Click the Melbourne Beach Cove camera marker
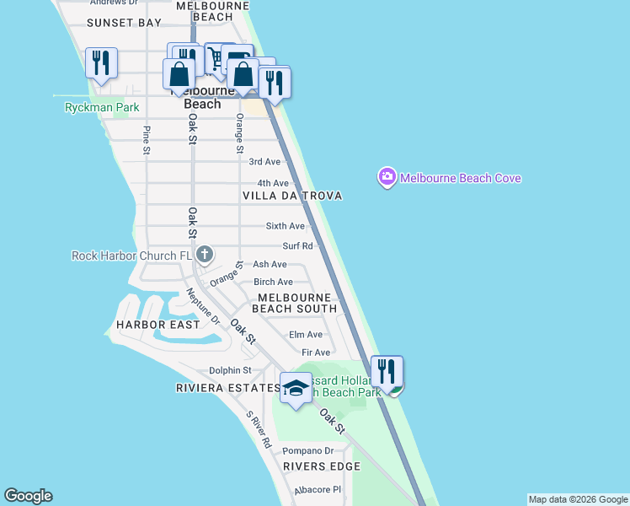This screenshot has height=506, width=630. pyautogui.click(x=387, y=177)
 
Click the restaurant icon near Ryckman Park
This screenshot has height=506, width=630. pyautogui.click(x=100, y=64)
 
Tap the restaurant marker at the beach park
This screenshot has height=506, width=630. pyautogui.click(x=387, y=372)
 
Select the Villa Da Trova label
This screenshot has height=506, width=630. pyautogui.click(x=292, y=196)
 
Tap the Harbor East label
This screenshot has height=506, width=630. pyautogui.click(x=158, y=325)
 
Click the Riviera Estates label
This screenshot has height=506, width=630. pyautogui.click(x=227, y=388)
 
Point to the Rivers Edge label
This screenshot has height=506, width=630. pyautogui.click(x=316, y=466)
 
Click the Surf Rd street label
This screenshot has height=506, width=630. pyautogui.click(x=297, y=246)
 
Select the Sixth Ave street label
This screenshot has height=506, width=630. pyautogui.click(x=285, y=226)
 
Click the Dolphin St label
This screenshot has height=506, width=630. pyautogui.click(x=230, y=370)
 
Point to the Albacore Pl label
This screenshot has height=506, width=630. pyautogui.click(x=316, y=489)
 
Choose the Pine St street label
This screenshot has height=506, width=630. pyautogui.click(x=147, y=140)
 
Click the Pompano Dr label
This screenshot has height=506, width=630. pyautogui.click(x=307, y=451)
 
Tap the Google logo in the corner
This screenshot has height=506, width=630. pyautogui.click(x=28, y=496)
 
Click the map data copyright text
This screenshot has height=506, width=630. pyautogui.click(x=578, y=499)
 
